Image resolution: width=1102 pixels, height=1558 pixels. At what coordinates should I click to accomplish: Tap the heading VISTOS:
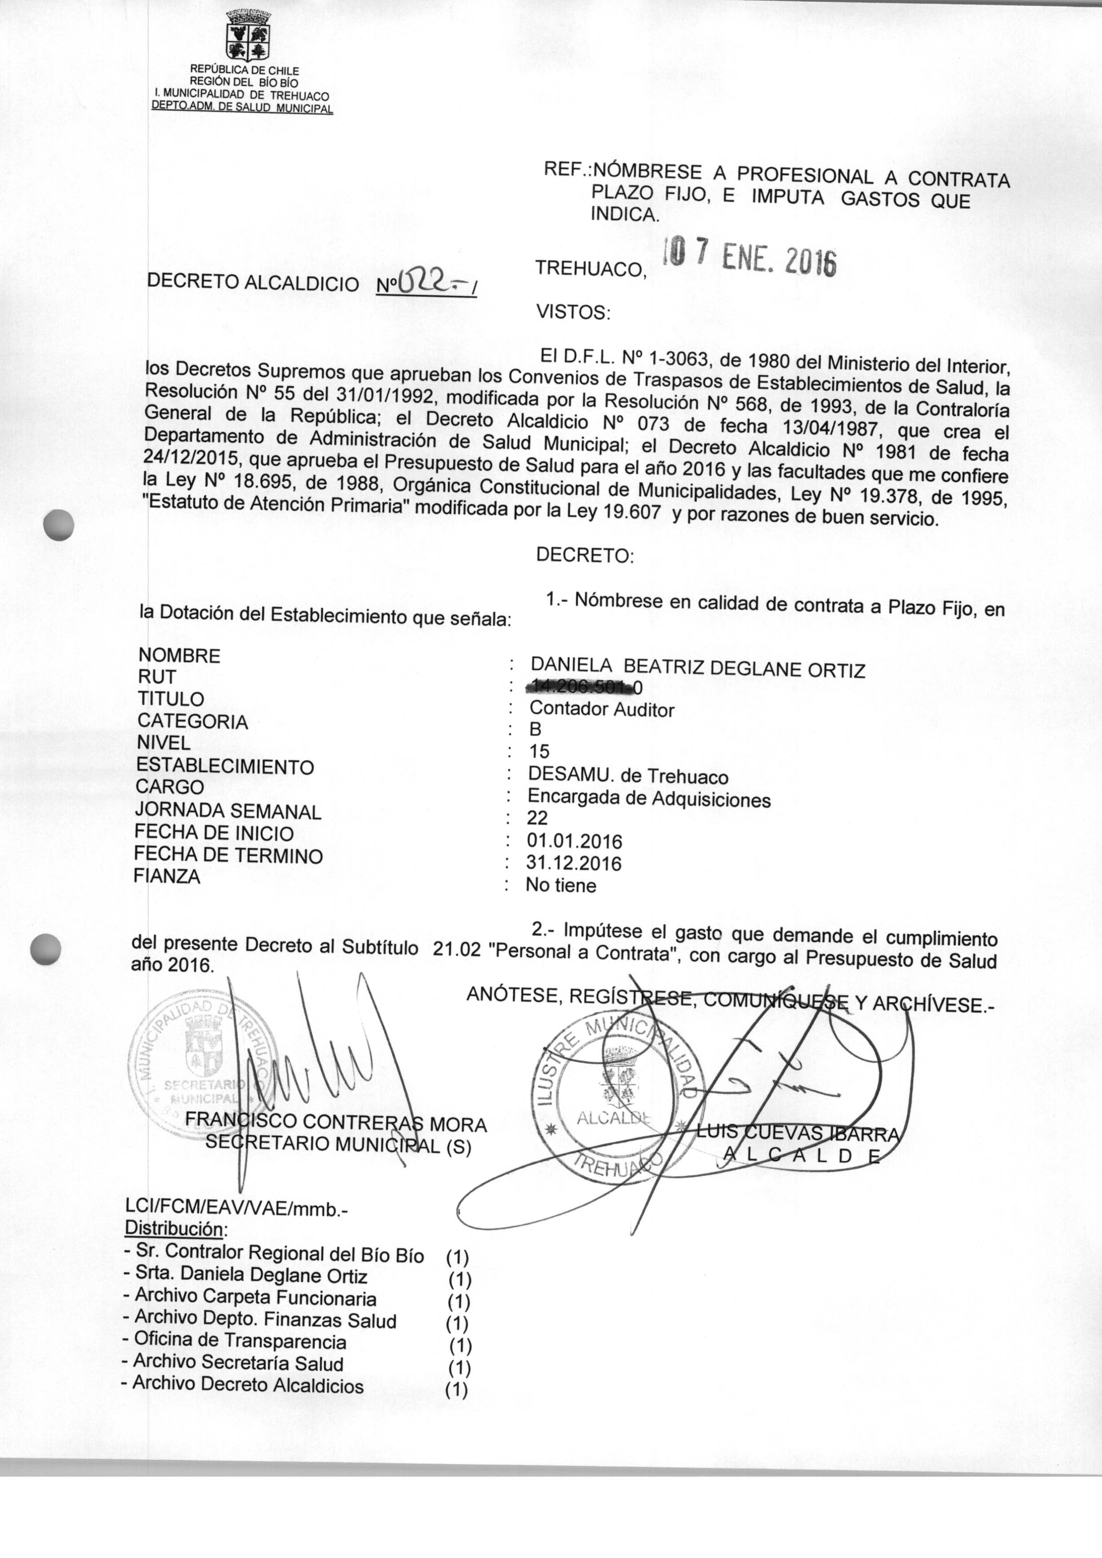(x=573, y=313)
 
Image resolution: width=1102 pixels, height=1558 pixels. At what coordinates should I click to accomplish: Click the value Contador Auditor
(x=602, y=710)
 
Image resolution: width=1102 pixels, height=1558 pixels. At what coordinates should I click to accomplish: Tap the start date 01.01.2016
(x=574, y=841)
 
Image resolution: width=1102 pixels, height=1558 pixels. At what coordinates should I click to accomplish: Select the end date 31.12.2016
(x=574, y=863)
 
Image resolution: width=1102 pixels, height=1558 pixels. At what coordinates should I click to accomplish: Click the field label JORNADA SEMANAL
(x=228, y=811)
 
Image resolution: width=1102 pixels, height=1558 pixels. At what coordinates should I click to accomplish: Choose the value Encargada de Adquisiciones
(x=649, y=799)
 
